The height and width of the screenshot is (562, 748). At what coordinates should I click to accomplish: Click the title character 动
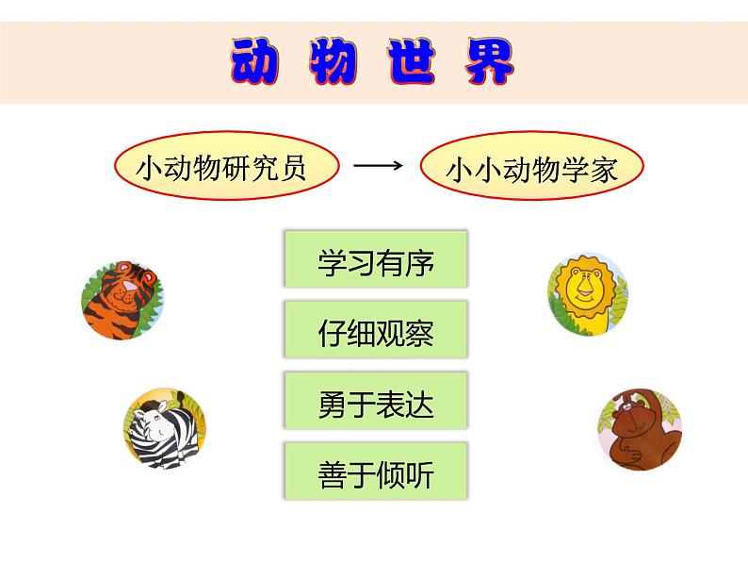pyautogui.click(x=254, y=61)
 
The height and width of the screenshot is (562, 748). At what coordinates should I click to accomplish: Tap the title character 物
pyautogui.click(x=333, y=61)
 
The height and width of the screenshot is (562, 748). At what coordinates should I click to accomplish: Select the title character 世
pyautogui.click(x=411, y=61)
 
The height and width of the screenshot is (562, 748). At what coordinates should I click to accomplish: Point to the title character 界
pyautogui.click(x=490, y=61)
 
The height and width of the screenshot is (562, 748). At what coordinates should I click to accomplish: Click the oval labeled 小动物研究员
pyautogui.click(x=227, y=166)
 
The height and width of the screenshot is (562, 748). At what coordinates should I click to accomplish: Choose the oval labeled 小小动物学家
pyautogui.click(x=532, y=166)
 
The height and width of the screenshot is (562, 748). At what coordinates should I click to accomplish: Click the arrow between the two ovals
pyautogui.click(x=379, y=166)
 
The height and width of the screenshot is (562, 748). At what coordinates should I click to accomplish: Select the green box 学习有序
pyautogui.click(x=376, y=258)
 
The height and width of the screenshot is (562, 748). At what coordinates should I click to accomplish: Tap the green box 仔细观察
pyautogui.click(x=376, y=329)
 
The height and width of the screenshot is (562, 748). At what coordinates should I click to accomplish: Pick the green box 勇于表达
pyautogui.click(x=376, y=401)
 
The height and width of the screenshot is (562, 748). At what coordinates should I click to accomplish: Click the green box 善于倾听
pyautogui.click(x=376, y=471)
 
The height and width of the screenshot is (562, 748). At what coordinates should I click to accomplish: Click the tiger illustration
pyautogui.click(x=122, y=300)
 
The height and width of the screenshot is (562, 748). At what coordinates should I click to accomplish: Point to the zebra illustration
pyautogui.click(x=165, y=428)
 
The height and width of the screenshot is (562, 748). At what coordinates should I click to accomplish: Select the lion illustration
pyautogui.click(x=588, y=294)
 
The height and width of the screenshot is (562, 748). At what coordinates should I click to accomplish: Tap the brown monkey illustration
pyautogui.click(x=640, y=429)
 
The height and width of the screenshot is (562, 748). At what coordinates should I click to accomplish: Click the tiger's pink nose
pyautogui.click(x=129, y=286)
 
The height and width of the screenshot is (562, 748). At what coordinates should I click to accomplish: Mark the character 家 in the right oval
pyautogui.click(x=604, y=170)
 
